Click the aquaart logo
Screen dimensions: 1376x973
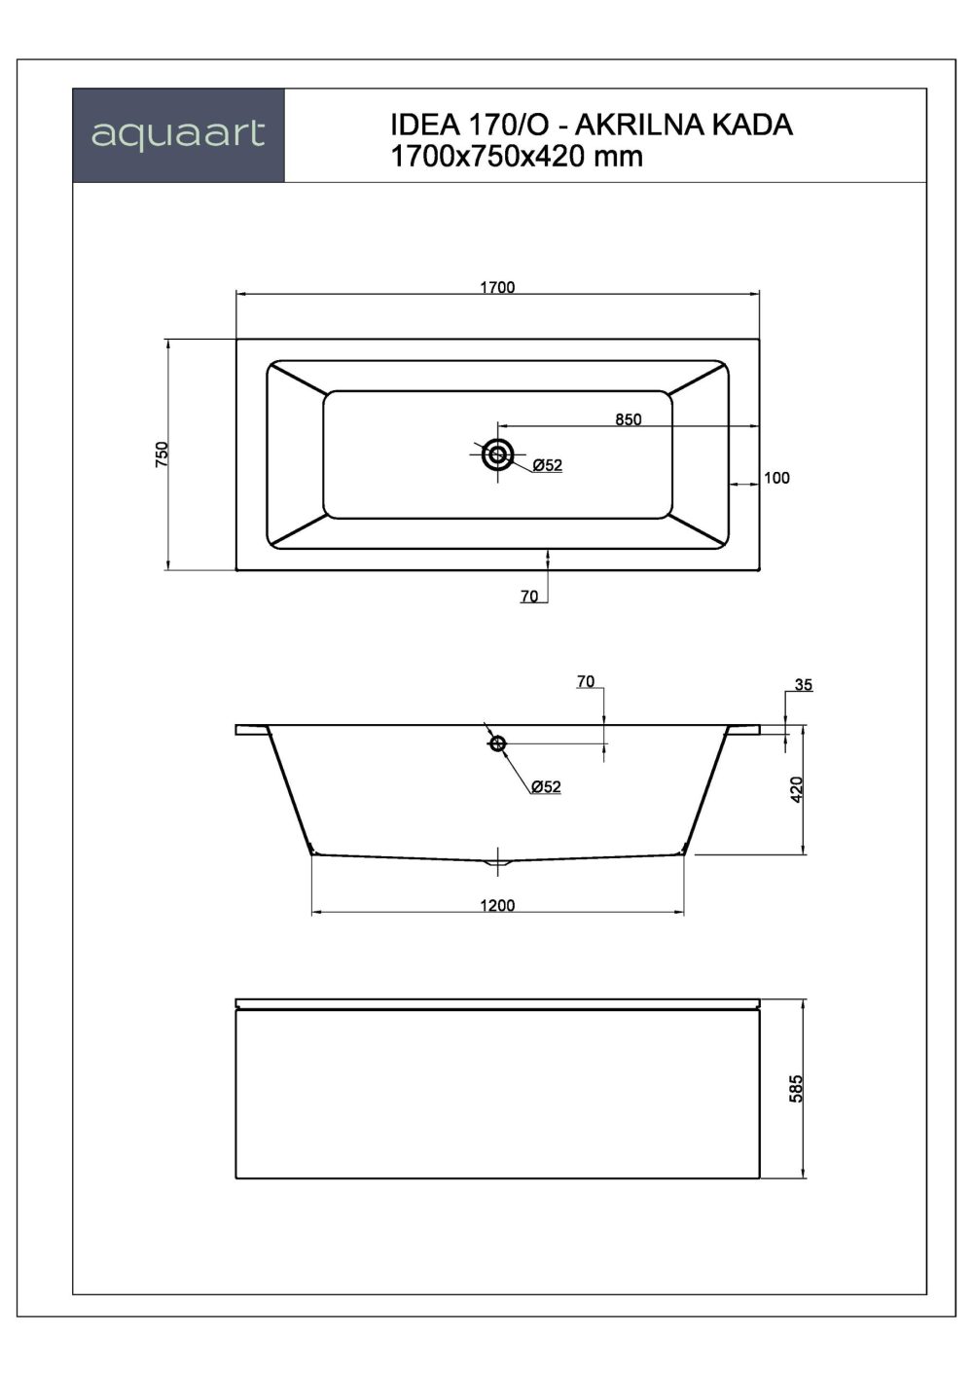pyautogui.click(x=178, y=134)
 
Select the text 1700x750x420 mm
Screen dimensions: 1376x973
pyautogui.click(x=517, y=157)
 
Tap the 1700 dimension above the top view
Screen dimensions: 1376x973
pyautogui.click(x=497, y=287)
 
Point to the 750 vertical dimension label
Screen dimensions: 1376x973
pyautogui.click(x=162, y=454)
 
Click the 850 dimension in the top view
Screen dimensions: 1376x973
pyautogui.click(x=629, y=419)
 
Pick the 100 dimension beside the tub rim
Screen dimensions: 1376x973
pyautogui.click(x=777, y=478)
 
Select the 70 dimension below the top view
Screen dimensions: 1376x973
pyautogui.click(x=529, y=597)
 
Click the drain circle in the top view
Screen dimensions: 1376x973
pyautogui.click(x=498, y=453)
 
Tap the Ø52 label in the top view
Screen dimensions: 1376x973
pyautogui.click(x=547, y=466)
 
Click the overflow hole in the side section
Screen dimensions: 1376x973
pyautogui.click(x=498, y=743)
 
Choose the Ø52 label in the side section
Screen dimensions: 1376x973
pyautogui.click(x=546, y=787)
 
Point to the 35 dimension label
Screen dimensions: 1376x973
pyautogui.click(x=803, y=685)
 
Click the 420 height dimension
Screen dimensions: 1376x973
pyautogui.click(x=797, y=789)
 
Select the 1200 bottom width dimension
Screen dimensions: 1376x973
pyautogui.click(x=497, y=906)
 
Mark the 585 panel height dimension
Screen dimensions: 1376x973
pyautogui.click(x=797, y=1087)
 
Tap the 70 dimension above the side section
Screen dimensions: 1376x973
pyautogui.click(x=585, y=682)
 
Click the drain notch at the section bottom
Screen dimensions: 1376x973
pyautogui.click(x=498, y=860)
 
